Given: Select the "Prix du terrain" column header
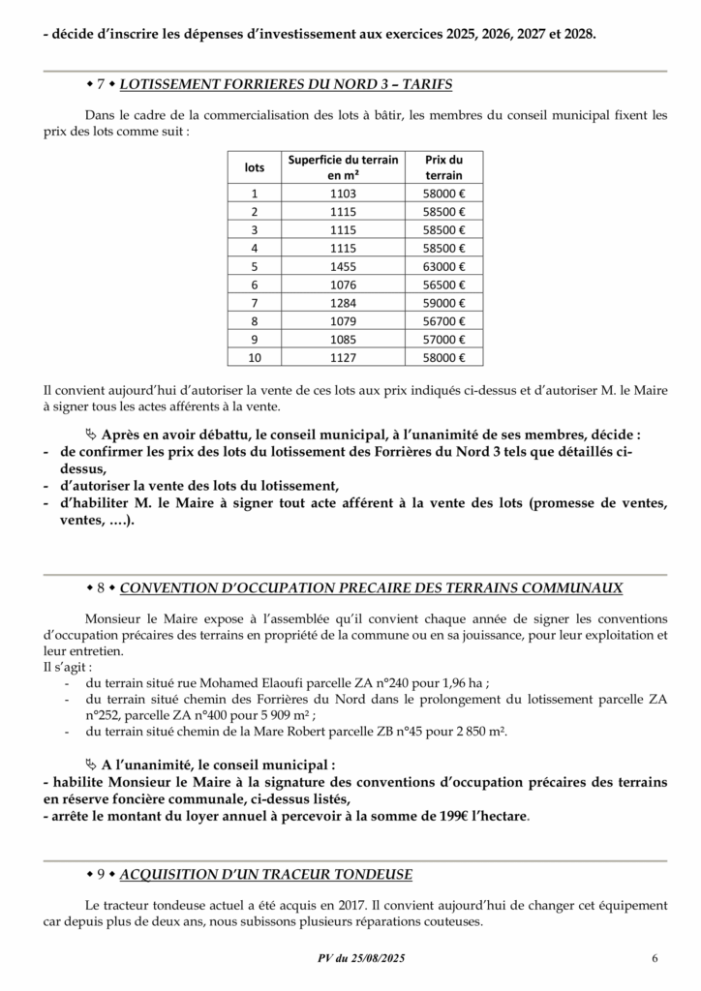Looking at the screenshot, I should tap(444, 167).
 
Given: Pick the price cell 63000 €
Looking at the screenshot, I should tap(444, 266).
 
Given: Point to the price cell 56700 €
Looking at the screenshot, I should tap(444, 321).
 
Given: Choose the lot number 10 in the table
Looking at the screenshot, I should tap(255, 358).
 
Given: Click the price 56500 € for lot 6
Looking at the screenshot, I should tap(444, 285).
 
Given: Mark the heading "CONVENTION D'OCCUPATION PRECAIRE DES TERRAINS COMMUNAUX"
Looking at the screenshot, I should tap(371, 587).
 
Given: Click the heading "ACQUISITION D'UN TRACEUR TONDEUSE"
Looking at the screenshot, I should tap(266, 874).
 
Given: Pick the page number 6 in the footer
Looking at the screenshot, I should tap(655, 959).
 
